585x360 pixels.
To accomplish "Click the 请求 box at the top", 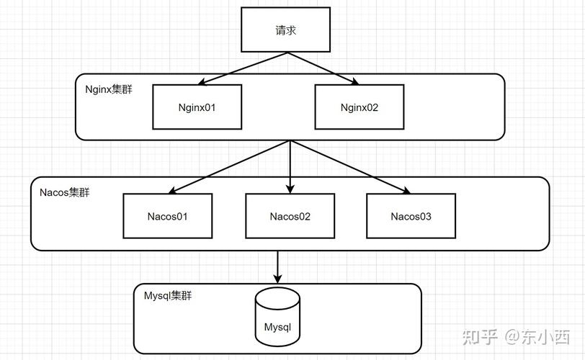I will [285, 31].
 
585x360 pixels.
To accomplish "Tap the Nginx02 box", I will [359, 107].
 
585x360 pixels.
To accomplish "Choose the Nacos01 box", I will [168, 216].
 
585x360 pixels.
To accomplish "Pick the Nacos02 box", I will [290, 216].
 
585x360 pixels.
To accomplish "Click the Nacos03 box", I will [411, 216].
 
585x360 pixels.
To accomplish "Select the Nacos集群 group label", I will [64, 192].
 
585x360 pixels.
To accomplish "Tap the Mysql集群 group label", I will [169, 296].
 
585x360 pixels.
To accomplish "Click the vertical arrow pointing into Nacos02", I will [290, 169].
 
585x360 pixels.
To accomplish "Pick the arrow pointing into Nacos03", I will [352, 168].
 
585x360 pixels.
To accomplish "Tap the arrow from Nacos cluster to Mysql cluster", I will [277, 266].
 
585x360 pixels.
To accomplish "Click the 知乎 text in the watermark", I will [480, 336].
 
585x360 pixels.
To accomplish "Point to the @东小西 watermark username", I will [537, 336].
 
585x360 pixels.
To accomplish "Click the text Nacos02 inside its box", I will [290, 216].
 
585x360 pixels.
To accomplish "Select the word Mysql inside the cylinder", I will [277, 327].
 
